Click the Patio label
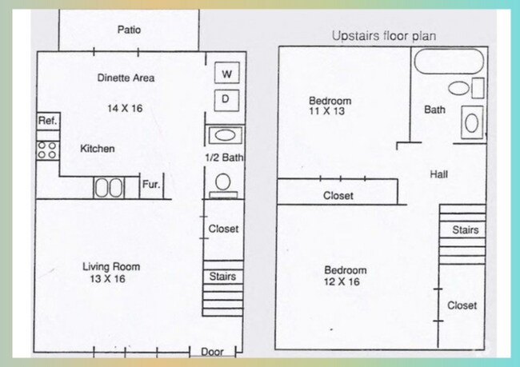[x=129, y=30]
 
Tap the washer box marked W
[x=226, y=74]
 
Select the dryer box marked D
[x=226, y=99]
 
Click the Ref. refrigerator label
[x=46, y=121]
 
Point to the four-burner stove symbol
[x=46, y=150]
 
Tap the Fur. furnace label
[x=151, y=185]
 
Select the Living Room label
[x=111, y=267]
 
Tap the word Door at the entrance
[x=212, y=352]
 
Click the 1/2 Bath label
[x=224, y=158]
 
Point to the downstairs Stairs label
[x=222, y=277]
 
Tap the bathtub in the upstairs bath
[x=449, y=61]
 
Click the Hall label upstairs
[x=438, y=174]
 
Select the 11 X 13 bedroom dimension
[x=330, y=112]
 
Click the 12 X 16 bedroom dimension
[x=346, y=282]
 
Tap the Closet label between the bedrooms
[x=338, y=196]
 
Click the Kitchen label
[x=98, y=149]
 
